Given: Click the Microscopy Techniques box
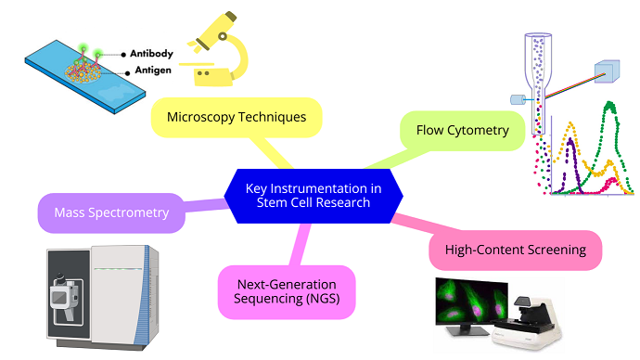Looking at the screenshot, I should click(x=237, y=117).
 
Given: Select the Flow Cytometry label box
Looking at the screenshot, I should click(x=462, y=130).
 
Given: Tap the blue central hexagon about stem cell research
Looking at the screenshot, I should click(x=314, y=196).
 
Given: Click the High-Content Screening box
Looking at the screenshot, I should click(x=515, y=250).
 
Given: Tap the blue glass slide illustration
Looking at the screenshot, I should click(x=83, y=75).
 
